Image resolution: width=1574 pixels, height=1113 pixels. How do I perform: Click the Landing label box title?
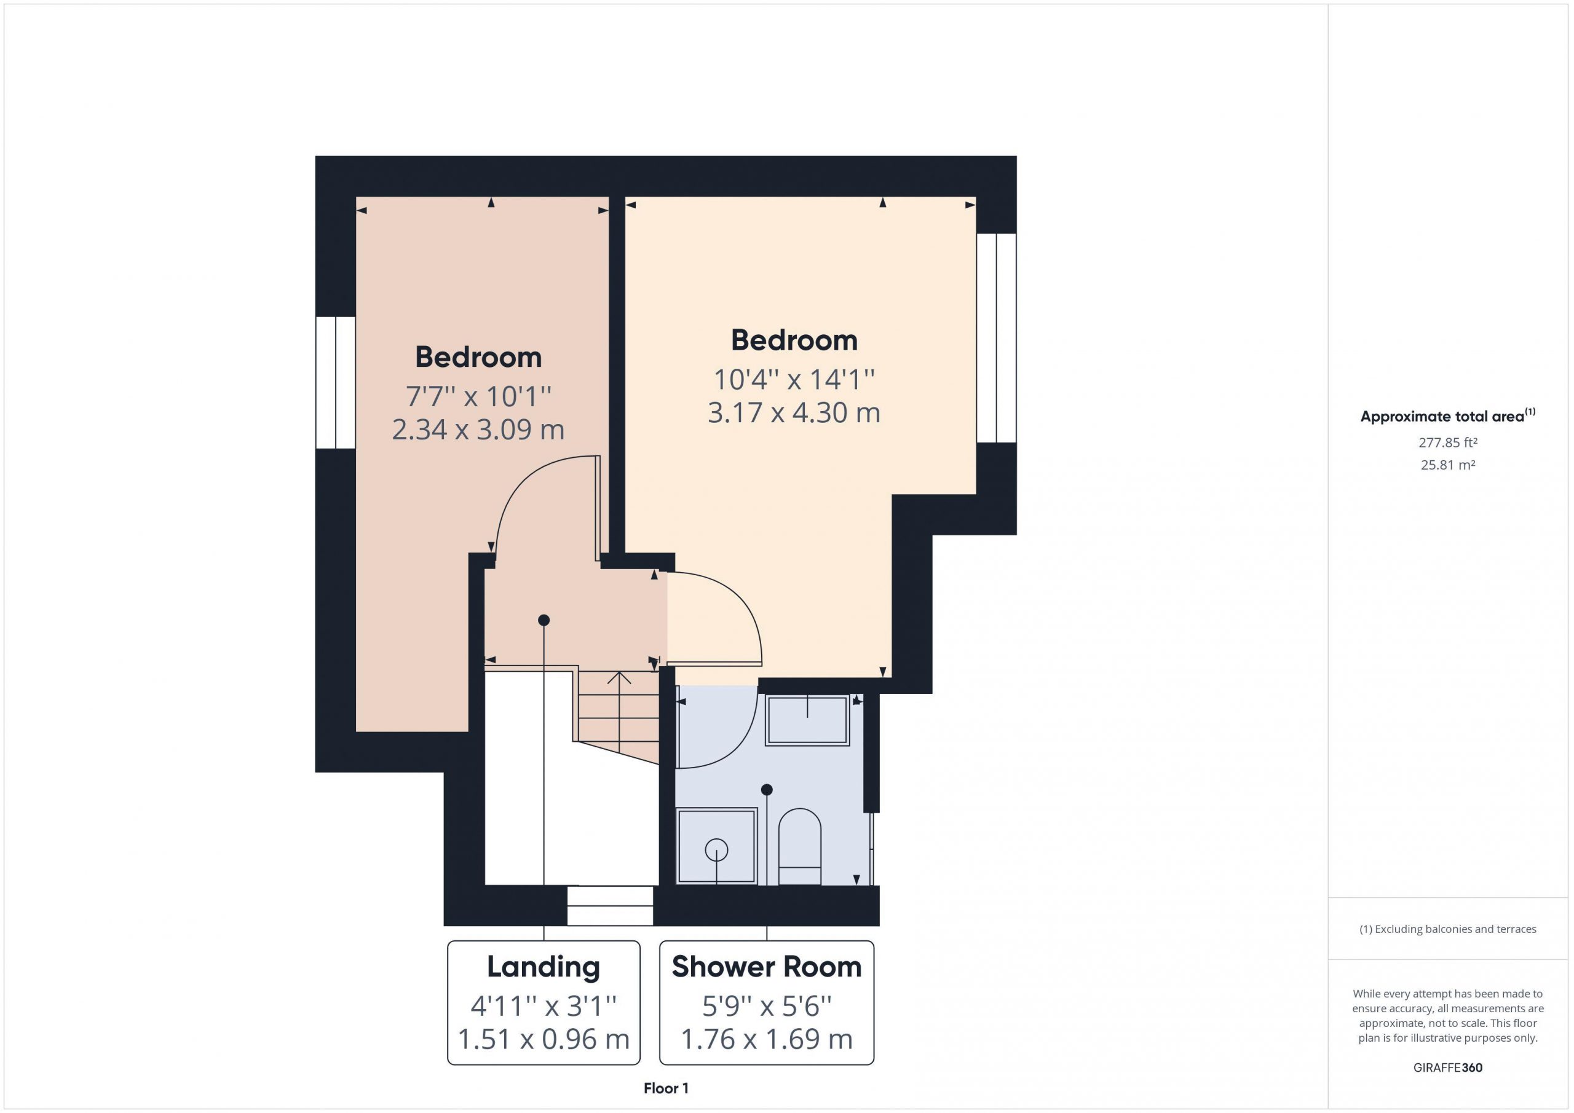pos(543,967)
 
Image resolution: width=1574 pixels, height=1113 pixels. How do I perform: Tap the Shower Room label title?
pos(767,966)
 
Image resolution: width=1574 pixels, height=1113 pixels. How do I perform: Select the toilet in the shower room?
pos(800,847)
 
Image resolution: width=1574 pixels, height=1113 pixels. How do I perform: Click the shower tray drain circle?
pos(716,851)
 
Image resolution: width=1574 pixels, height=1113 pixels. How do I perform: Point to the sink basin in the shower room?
pos(807,720)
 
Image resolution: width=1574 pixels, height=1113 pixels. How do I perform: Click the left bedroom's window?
pos(336,382)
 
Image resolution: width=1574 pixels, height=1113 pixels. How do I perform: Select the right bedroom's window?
pos(996,338)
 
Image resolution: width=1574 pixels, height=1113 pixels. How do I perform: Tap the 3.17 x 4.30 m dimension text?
pos(794,413)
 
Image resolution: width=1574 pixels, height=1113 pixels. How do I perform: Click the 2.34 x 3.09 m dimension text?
pos(478,430)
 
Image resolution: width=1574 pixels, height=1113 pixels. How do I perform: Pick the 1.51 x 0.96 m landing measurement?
pos(543,1039)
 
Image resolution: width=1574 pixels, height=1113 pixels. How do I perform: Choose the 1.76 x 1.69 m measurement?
pos(767,1039)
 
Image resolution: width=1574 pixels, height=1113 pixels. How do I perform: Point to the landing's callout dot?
pos(544,620)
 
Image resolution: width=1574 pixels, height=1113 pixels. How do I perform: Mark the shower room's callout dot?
pos(767,790)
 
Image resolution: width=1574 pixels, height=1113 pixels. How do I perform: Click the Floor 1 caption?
pos(666,1088)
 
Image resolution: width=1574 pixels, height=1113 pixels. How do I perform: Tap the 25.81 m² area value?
pos(1448,465)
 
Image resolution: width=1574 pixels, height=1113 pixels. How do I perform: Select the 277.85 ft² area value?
pos(1448,442)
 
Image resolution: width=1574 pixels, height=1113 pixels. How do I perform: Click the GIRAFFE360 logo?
pos(1448,1067)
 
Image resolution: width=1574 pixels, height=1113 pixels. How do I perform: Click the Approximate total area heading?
pos(1448,415)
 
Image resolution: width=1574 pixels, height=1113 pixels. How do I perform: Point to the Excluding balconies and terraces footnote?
pos(1448,929)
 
